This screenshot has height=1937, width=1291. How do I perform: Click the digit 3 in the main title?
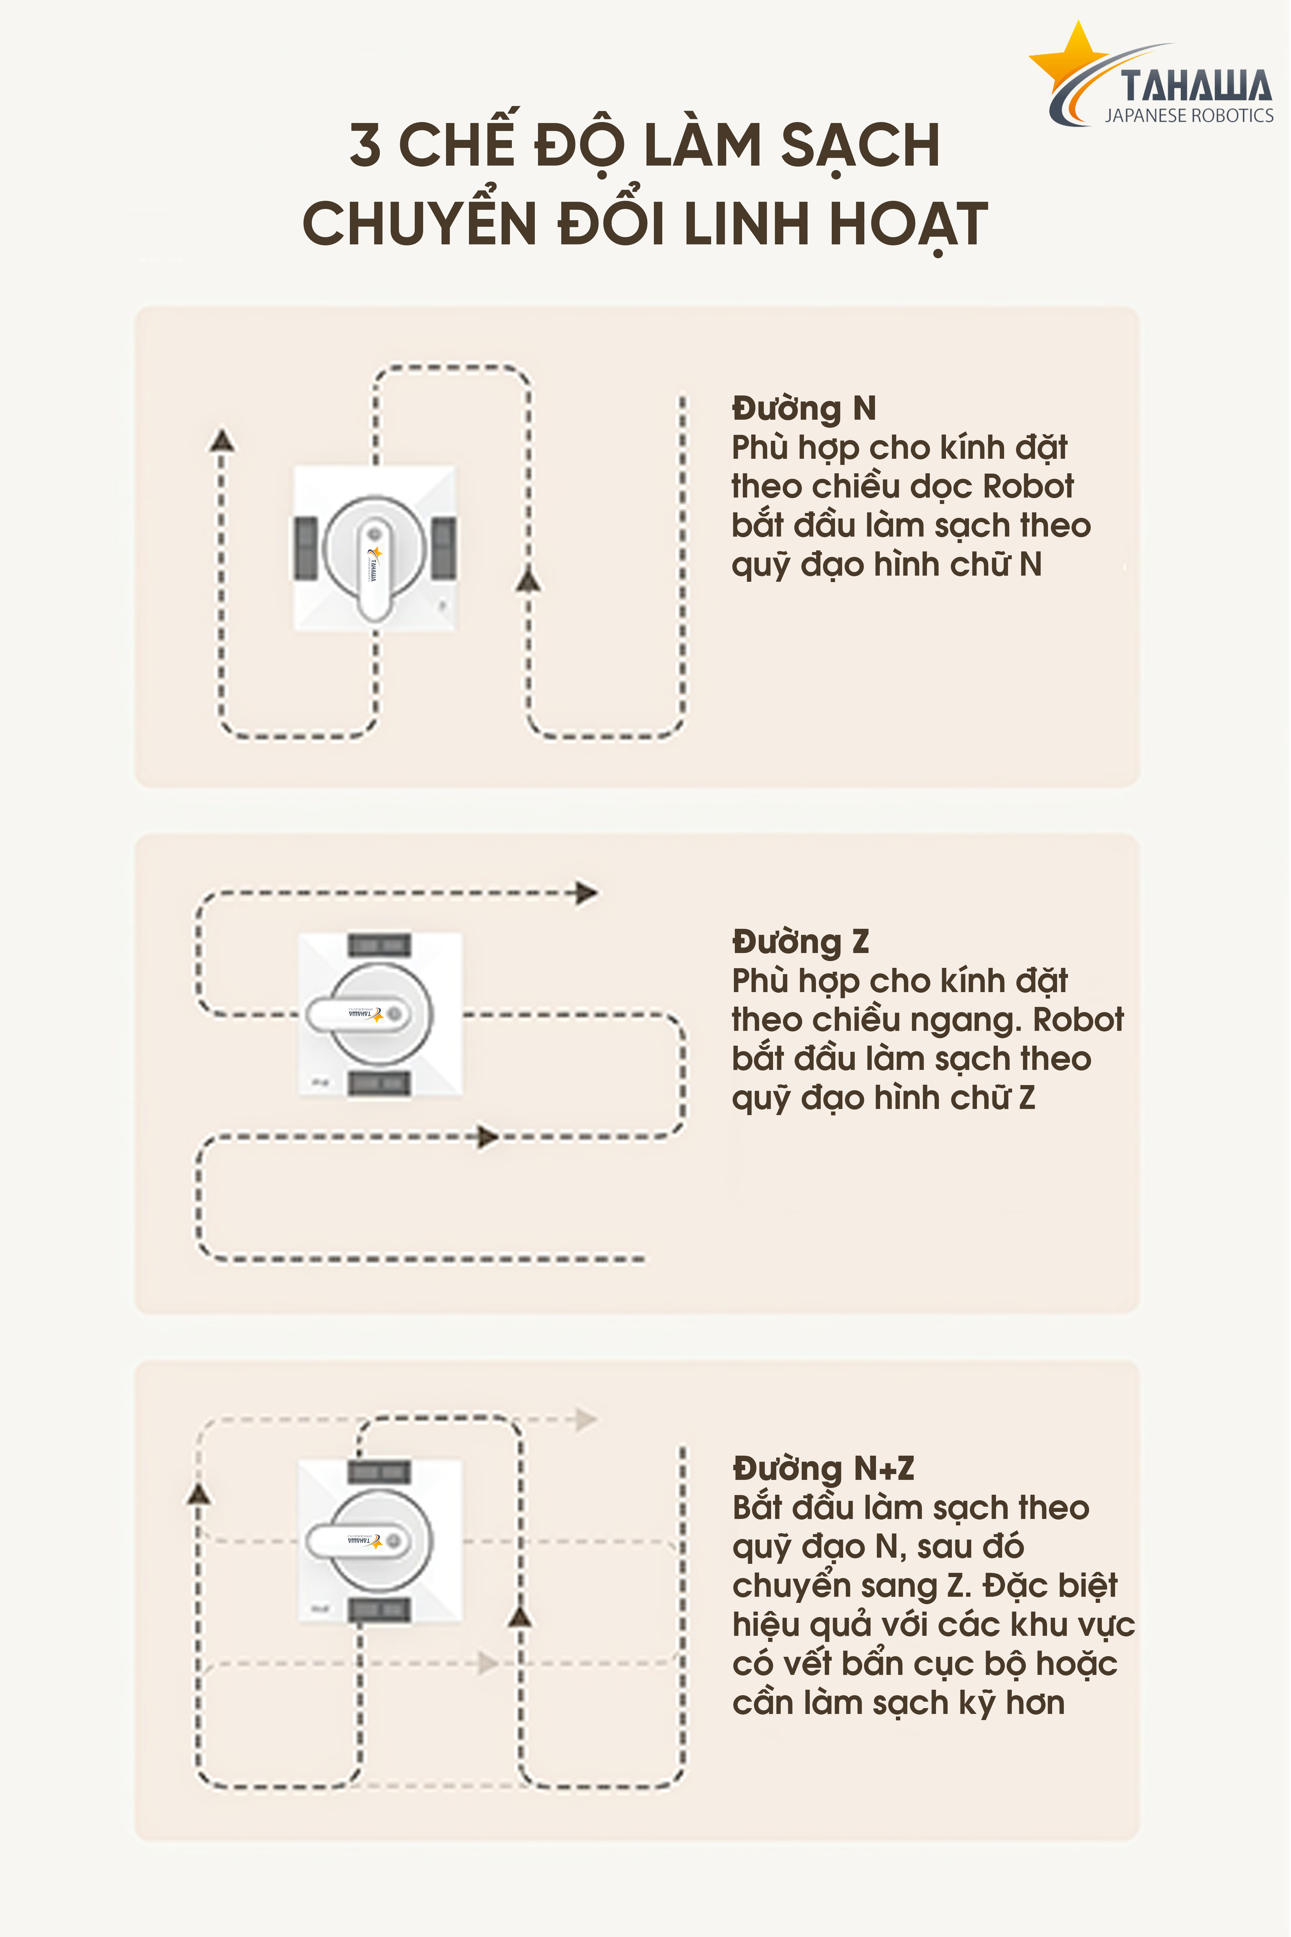365,144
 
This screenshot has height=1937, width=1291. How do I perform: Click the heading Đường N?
804,408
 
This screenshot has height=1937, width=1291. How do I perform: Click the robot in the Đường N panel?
375,549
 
